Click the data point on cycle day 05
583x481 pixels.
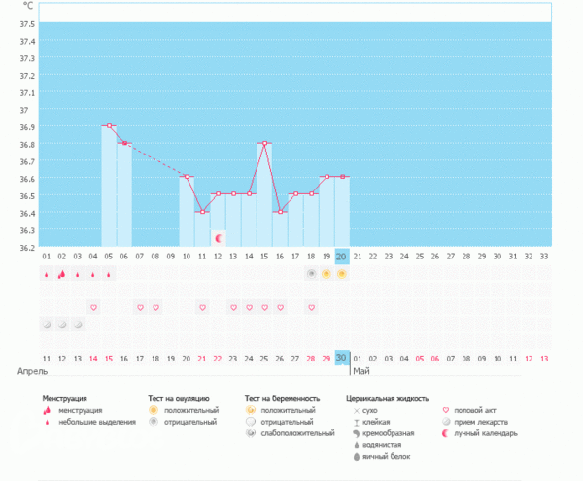click(x=110, y=126)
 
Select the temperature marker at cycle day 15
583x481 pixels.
click(x=264, y=143)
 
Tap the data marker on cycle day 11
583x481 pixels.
click(x=202, y=212)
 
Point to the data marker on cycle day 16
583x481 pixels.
click(x=280, y=212)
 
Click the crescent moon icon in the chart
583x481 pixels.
click(x=219, y=237)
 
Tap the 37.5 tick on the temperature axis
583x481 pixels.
click(x=28, y=23)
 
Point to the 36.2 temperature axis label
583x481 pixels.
click(x=28, y=247)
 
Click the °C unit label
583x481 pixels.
click(x=28, y=7)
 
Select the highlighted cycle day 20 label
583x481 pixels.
click(x=342, y=257)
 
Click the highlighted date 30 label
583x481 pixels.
click(x=342, y=358)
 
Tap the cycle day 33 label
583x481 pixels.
click(x=543, y=257)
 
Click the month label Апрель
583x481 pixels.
click(x=32, y=371)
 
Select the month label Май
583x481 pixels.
click(x=361, y=371)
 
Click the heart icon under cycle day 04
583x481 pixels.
click(x=93, y=308)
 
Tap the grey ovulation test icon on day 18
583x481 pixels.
click(x=311, y=274)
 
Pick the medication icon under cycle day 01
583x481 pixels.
click(x=46, y=324)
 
